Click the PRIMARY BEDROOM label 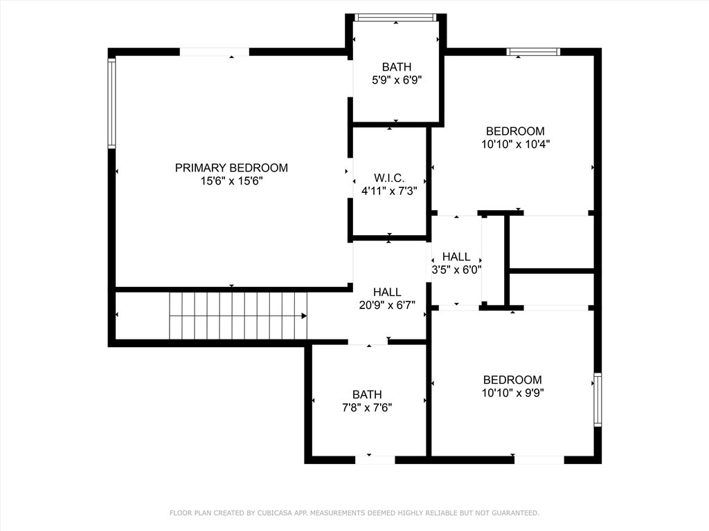pos(231,167)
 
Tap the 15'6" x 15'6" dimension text pos(231,180)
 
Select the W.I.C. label pos(389,178)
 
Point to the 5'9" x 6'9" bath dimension pos(397,80)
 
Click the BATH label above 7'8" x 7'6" pos(367,395)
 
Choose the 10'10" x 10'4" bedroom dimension pos(515,145)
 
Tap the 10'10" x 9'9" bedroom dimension pos(512,393)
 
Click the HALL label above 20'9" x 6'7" pos(387,292)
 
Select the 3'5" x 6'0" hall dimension pos(456,270)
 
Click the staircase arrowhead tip pos(305,316)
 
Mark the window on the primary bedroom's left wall pos(111,103)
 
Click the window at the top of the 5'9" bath pos(395,17)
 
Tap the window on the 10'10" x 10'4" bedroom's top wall pos(533,51)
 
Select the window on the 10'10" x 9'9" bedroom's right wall pos(598,400)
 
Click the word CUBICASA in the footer pos(275,513)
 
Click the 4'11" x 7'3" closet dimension pos(389,191)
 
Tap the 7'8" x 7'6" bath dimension pos(367,407)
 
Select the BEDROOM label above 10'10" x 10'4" pos(515,131)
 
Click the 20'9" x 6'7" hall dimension pos(387,305)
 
